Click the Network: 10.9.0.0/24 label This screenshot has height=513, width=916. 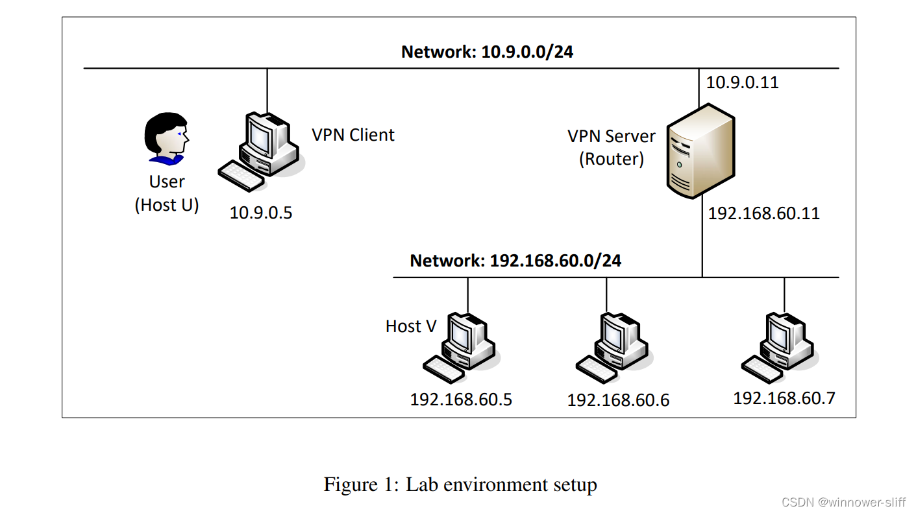click(487, 52)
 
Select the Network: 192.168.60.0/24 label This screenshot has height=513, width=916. click(515, 261)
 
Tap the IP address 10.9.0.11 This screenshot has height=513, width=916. click(742, 82)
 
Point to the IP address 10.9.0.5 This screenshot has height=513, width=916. click(261, 212)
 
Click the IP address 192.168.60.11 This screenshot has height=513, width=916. click(763, 213)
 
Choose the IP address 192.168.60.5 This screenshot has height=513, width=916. click(461, 400)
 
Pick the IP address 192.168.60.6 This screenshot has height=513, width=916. click(618, 400)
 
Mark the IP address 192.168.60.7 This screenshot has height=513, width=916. click(784, 398)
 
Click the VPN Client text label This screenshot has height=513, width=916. click(353, 135)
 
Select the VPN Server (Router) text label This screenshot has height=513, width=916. click(612, 148)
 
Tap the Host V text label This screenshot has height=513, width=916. click(411, 326)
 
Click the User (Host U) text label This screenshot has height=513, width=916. click(167, 193)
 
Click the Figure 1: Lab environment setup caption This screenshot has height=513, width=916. click(460, 484)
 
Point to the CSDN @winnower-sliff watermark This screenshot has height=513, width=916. click(843, 502)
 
